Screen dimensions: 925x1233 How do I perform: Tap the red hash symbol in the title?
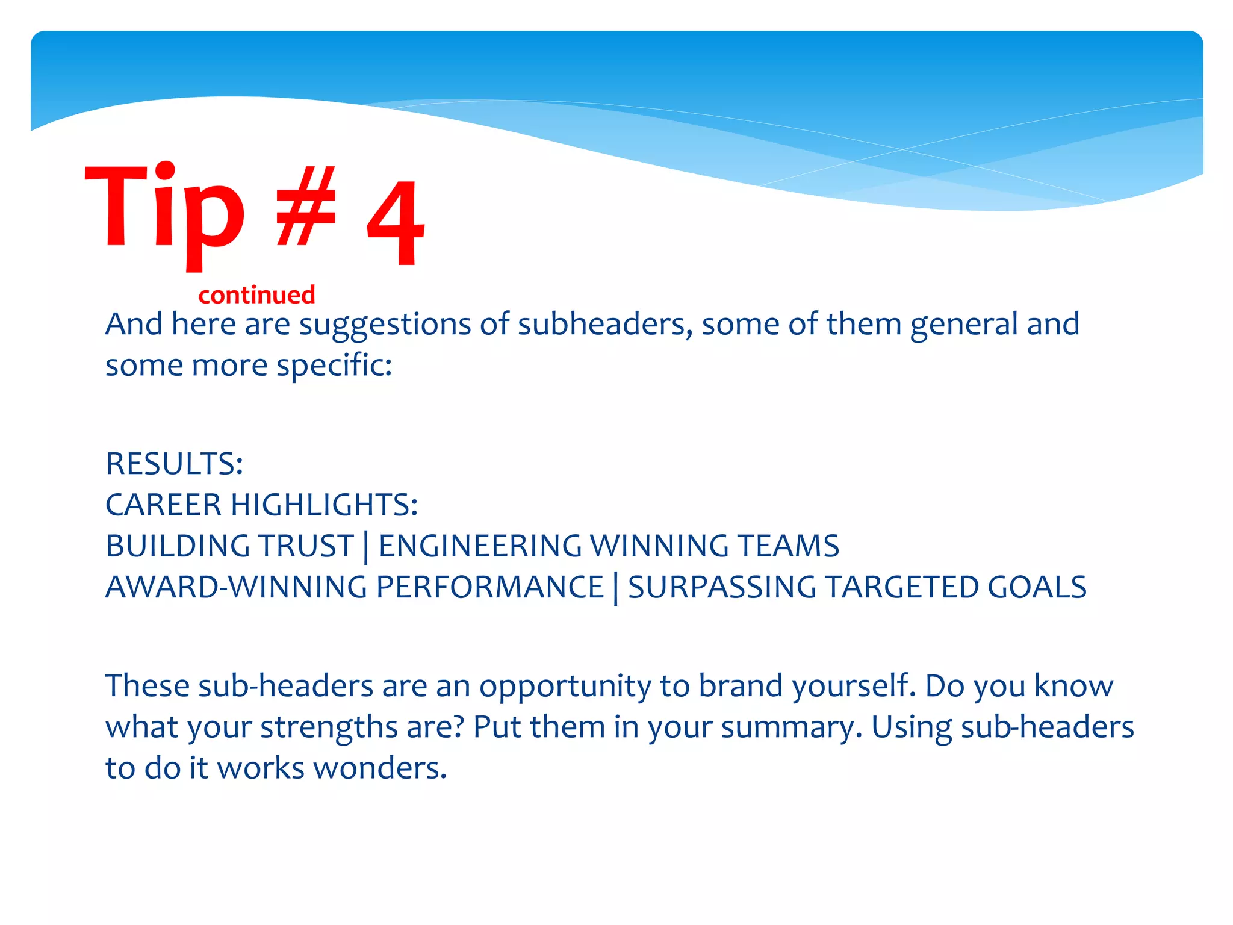pyautogui.click(x=306, y=208)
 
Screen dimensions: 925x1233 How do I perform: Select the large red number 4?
pyautogui.click(x=396, y=223)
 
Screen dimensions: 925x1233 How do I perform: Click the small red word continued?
pyautogui.click(x=256, y=295)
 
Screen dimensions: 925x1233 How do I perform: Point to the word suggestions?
pyautogui.click(x=385, y=325)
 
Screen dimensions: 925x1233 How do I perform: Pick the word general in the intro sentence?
pyautogui.click(x=964, y=325)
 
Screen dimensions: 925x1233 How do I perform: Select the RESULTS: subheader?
pyautogui.click(x=175, y=464)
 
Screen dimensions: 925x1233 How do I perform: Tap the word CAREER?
pyautogui.click(x=163, y=505)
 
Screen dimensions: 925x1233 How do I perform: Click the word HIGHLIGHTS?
pyautogui.click(x=324, y=505)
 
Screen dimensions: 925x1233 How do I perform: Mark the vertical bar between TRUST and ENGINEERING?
pyautogui.click(x=366, y=547)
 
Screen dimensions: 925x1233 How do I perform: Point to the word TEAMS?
pyautogui.click(x=788, y=546)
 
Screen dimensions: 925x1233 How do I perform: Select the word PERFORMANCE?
pyautogui.click(x=490, y=587)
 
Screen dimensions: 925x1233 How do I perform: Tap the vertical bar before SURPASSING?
pyautogui.click(x=616, y=588)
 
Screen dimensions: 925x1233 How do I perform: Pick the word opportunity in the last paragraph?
pyautogui.click(x=565, y=687)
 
